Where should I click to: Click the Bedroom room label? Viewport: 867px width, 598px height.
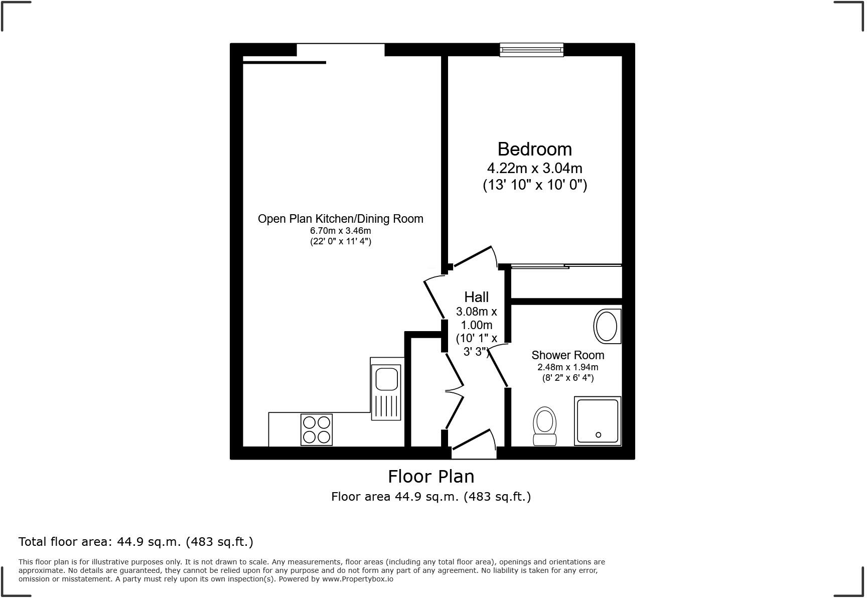tap(534, 149)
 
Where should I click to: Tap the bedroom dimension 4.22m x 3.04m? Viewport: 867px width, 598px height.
tap(534, 168)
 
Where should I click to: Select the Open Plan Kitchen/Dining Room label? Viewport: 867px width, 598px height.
tap(340, 219)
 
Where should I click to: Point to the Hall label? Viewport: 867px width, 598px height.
tap(476, 297)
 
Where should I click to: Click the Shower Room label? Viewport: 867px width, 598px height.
tap(567, 355)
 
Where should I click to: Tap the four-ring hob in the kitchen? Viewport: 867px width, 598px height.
tap(317, 429)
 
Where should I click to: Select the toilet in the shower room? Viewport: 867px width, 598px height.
tap(544, 426)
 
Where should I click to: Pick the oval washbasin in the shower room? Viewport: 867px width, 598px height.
tap(607, 326)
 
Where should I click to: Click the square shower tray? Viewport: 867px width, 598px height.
tap(597, 421)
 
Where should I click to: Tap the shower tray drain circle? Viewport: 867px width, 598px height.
tap(598, 435)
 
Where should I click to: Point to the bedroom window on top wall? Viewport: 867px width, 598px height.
tap(531, 50)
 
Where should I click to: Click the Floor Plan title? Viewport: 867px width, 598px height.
tap(431, 476)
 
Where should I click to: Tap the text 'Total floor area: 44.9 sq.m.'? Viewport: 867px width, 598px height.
tap(135, 542)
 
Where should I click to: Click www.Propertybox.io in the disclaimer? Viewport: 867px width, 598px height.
tap(357, 579)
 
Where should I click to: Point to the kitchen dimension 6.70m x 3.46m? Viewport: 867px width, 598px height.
tap(340, 231)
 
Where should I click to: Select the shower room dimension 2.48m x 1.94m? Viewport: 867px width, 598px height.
tap(567, 367)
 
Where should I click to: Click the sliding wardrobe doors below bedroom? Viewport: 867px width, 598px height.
tap(566, 266)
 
